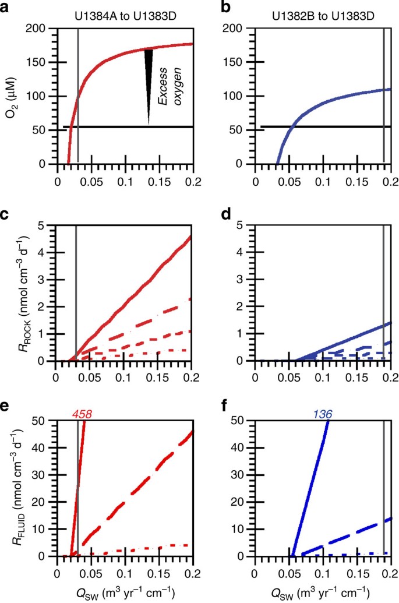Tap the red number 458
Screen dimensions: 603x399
[x=82, y=414]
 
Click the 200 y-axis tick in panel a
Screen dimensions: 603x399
[x=40, y=29]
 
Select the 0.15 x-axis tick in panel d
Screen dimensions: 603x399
[x=356, y=376]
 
